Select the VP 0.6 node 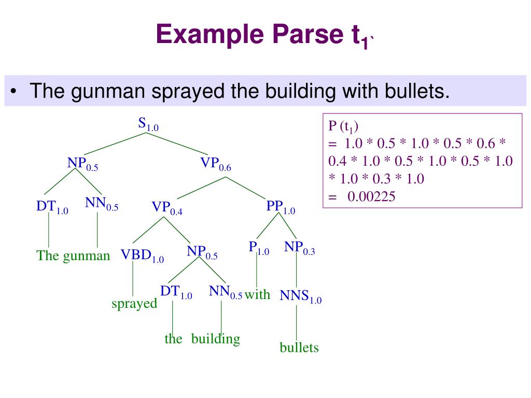216,164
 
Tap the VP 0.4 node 167,208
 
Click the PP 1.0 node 281,207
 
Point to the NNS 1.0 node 300,296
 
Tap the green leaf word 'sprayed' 134,304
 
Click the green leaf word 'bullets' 299,347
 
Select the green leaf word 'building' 216,339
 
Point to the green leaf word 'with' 258,294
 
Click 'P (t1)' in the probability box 344,126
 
